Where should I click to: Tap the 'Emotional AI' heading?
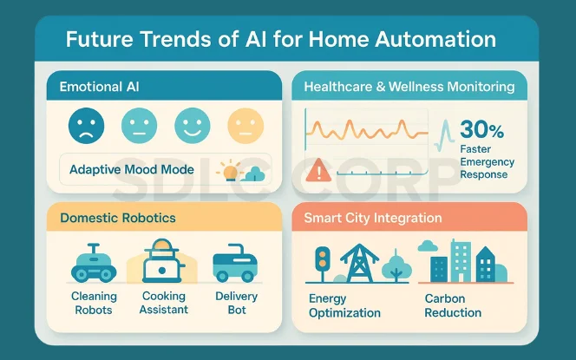click(x=100, y=87)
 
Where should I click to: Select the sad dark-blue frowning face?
click(x=86, y=126)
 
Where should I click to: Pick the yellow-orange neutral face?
click(x=245, y=126)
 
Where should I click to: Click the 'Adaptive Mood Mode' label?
click(x=132, y=169)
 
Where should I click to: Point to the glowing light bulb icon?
click(x=230, y=170)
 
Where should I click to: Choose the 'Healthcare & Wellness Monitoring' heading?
click(x=409, y=87)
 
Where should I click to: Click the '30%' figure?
click(x=482, y=130)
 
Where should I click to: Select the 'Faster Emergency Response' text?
click(x=487, y=161)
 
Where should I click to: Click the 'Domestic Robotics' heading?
click(x=118, y=217)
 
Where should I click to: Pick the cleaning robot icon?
click(x=93, y=263)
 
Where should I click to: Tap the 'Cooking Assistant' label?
click(x=163, y=303)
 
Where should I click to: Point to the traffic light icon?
click(x=323, y=262)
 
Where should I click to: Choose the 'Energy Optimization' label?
click(x=344, y=305)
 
